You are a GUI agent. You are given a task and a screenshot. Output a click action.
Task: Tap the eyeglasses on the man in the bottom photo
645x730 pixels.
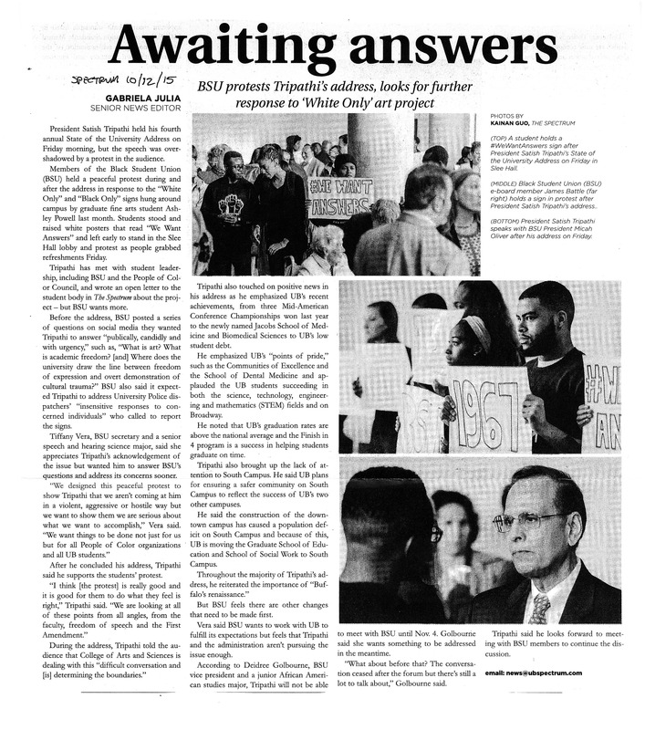pos(536,521)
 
